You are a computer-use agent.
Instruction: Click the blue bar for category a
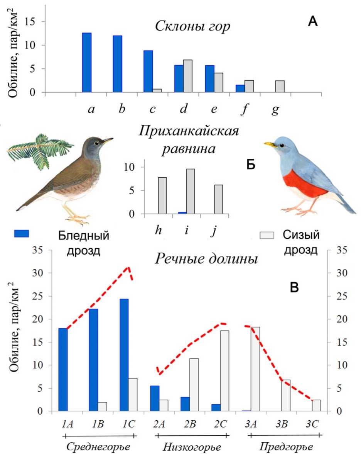click(x=87, y=63)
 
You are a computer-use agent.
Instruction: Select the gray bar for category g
click(x=280, y=87)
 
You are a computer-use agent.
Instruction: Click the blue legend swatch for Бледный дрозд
click(x=22, y=233)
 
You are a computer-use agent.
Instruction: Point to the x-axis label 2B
click(x=189, y=423)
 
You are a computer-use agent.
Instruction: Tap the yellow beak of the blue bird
click(x=270, y=144)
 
